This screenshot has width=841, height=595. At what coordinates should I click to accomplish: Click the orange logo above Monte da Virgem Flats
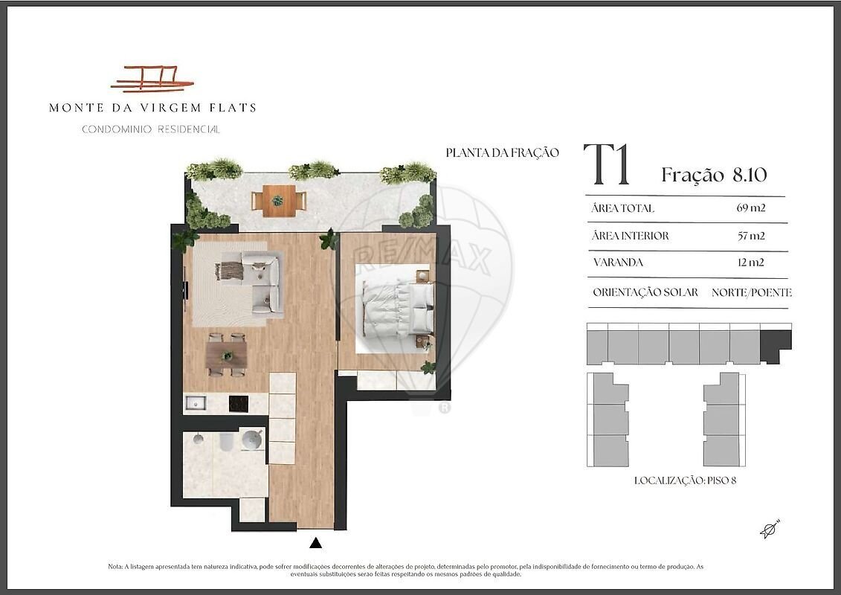tap(152, 79)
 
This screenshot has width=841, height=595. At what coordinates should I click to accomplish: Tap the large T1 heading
tap(607, 164)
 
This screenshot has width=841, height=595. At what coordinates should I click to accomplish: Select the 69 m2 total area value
tap(751, 208)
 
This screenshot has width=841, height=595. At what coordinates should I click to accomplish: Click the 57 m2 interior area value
tap(751, 236)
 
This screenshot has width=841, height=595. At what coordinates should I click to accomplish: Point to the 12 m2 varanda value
tap(751, 263)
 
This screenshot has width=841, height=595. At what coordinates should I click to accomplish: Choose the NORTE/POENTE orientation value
tap(752, 292)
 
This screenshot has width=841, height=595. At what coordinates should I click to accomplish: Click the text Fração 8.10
tap(714, 174)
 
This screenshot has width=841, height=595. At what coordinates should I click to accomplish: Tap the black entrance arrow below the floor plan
tap(316, 543)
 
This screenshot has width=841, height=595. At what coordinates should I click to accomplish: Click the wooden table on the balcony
tap(279, 201)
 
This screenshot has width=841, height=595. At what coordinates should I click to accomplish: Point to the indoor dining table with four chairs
tap(226, 355)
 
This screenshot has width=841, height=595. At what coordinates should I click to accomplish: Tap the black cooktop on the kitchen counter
tap(239, 403)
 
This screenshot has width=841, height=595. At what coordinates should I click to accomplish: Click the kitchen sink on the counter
tap(196, 403)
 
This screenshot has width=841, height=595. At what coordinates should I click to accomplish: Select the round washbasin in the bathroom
tap(251, 440)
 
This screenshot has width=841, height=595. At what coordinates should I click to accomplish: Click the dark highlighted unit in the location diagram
tap(776, 346)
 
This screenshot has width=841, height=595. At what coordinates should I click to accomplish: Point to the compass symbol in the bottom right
tap(770, 529)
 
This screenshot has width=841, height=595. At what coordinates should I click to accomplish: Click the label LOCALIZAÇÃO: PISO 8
tap(685, 480)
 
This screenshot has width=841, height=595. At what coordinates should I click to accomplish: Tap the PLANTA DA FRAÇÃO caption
tap(502, 153)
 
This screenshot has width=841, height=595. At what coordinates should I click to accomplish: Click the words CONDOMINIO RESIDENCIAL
tap(151, 129)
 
